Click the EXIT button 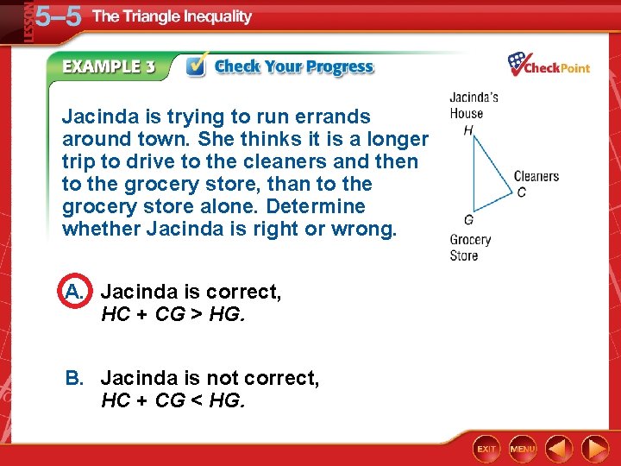486,449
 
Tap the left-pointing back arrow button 560,449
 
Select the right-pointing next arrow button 594,449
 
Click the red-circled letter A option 75,293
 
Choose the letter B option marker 75,378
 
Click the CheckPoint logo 549,65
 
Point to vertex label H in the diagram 468,130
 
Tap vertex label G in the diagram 468,220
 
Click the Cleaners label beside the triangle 536,177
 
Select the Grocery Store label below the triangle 470,248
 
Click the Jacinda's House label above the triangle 473,105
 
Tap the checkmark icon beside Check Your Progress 197,66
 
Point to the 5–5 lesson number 59,17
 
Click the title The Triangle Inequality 172,16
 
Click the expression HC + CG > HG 173,315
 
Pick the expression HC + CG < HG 173,400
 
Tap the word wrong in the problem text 361,230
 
